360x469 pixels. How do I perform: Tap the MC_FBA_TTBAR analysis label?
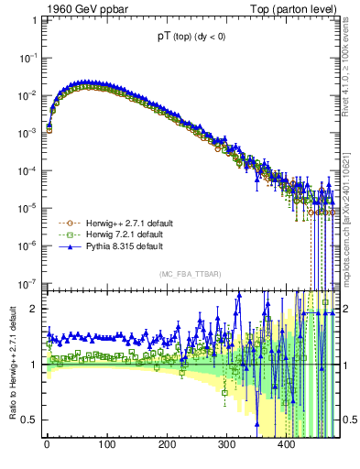tap(188, 274)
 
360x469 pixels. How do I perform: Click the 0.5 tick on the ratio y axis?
tap(30, 420)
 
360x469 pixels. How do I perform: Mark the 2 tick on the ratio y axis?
tap(35, 309)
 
